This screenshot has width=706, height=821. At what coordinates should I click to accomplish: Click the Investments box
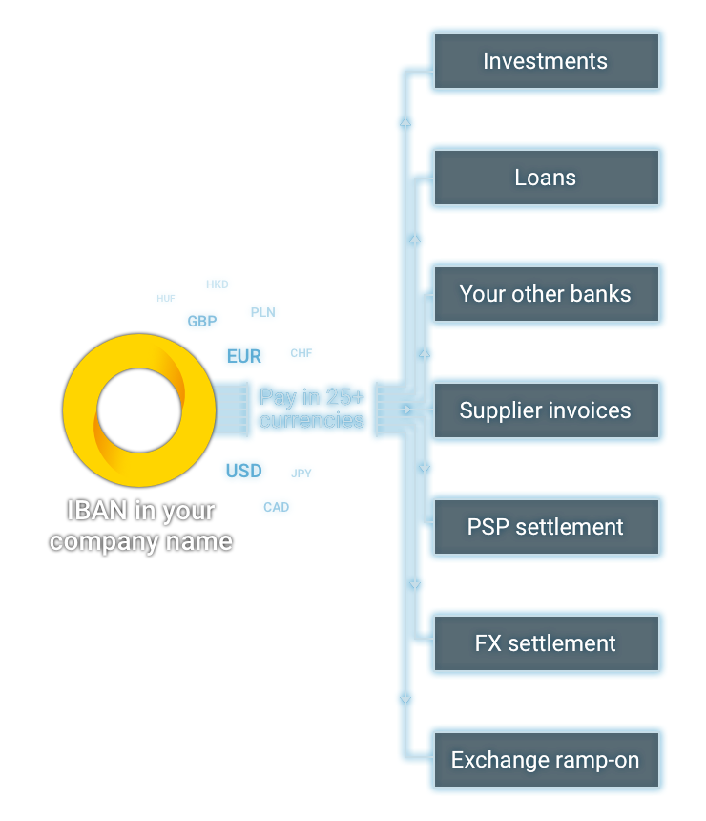point(546,62)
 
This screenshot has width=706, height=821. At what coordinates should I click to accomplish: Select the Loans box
point(546,179)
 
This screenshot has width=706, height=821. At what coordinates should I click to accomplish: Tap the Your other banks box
point(546,294)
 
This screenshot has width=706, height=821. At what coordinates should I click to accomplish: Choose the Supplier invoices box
point(546,410)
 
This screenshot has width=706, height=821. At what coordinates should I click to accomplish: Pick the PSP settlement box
point(546,527)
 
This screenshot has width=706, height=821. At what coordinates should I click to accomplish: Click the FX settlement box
point(546,643)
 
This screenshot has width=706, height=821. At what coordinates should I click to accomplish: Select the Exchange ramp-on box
point(546,761)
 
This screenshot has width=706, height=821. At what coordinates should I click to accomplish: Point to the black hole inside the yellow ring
point(138,410)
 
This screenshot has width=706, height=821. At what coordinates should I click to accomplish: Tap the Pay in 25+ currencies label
point(312,409)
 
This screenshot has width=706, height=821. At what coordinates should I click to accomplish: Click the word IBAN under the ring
point(96,512)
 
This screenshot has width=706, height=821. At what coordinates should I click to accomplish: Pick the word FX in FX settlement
point(488,643)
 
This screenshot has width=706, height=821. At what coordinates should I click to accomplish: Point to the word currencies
point(312,421)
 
